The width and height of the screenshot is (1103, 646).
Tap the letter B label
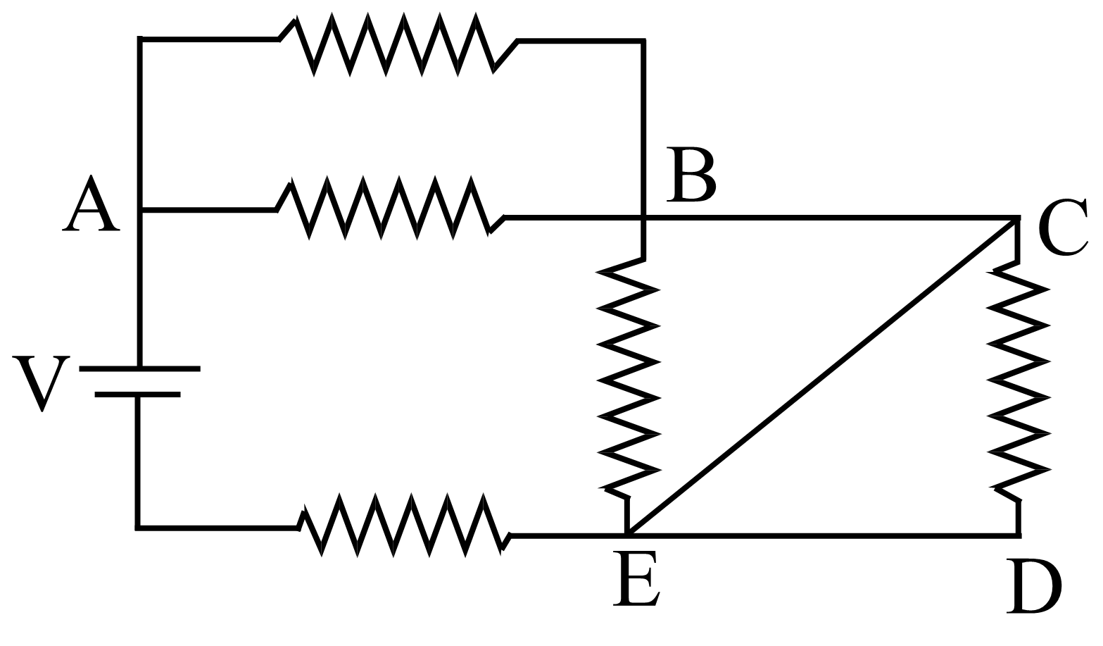691,174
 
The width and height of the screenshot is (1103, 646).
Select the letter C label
1063,227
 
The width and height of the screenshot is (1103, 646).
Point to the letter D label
1033,586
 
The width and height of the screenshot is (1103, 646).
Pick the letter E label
636,579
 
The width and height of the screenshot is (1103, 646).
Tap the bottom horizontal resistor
403,525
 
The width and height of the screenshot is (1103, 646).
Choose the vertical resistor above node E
628,380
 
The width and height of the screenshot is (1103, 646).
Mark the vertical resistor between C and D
1018,380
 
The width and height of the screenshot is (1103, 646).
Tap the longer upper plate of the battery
139,368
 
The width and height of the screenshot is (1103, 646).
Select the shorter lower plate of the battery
137,395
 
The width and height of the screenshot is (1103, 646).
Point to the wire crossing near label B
643,218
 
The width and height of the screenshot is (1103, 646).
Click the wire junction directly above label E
626,536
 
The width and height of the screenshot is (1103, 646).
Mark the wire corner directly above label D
1018,536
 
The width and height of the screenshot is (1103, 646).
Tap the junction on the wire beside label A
140,210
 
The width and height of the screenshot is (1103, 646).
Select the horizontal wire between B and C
831,218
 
